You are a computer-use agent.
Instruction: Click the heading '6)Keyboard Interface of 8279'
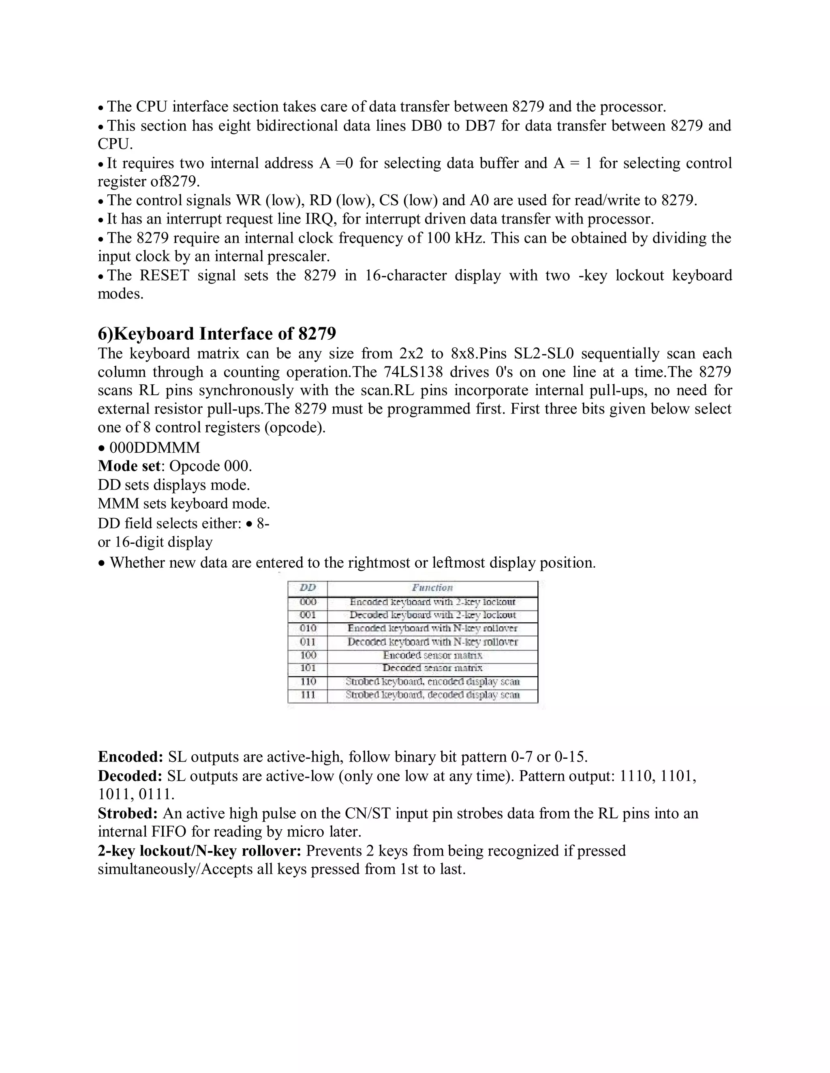(x=217, y=334)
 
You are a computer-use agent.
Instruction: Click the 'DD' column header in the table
(x=308, y=588)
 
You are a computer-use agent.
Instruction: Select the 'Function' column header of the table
(x=432, y=588)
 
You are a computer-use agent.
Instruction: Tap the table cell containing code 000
(x=308, y=602)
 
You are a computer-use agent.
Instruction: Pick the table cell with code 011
(x=308, y=642)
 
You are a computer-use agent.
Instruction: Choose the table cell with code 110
(x=308, y=681)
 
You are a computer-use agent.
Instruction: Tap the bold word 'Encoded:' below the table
(x=130, y=757)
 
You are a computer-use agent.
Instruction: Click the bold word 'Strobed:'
(x=128, y=813)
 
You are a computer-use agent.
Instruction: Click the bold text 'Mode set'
(x=129, y=466)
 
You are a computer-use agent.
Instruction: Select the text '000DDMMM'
(x=155, y=447)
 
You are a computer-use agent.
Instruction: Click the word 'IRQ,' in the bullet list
(x=318, y=219)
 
